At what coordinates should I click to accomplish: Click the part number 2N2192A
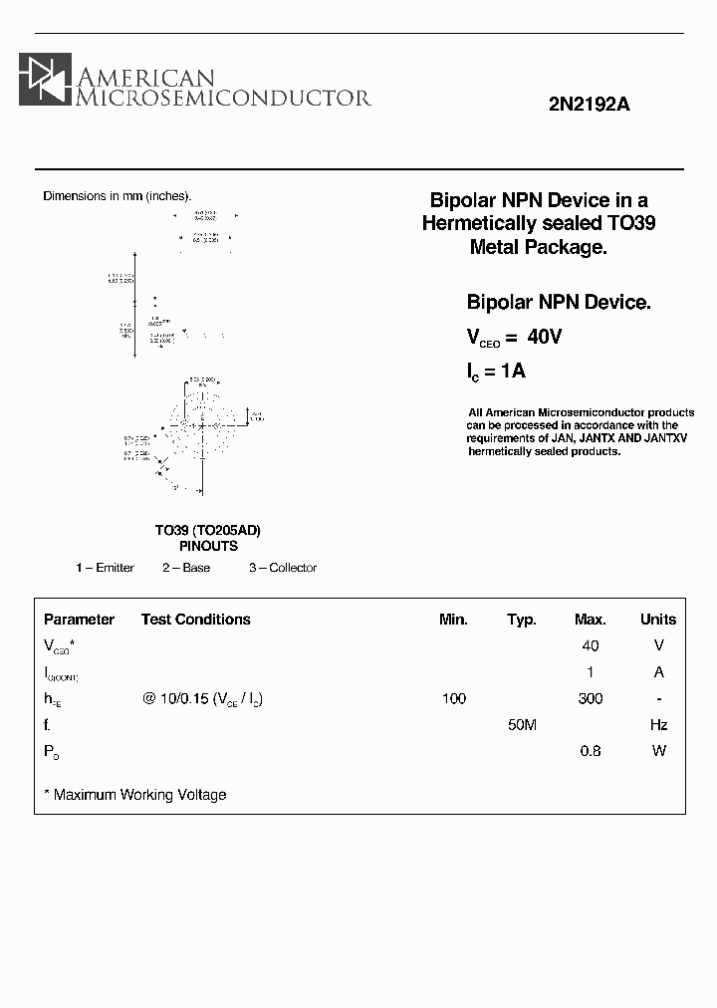click(x=590, y=105)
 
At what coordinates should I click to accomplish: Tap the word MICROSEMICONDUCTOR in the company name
click(x=224, y=97)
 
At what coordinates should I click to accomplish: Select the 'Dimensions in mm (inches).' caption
click(x=117, y=196)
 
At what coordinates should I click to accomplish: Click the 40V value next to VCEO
click(x=545, y=338)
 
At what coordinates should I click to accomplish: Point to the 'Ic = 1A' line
click(x=496, y=372)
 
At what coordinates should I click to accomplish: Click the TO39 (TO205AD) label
click(x=207, y=530)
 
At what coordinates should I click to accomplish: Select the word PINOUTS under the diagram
click(x=208, y=546)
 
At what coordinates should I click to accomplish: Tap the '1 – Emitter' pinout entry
click(x=105, y=568)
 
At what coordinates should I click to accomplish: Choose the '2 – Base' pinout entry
click(x=186, y=568)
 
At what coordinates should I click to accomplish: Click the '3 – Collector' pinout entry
click(x=283, y=568)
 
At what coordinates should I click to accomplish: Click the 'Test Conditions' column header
click(x=195, y=620)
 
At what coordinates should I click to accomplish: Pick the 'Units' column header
click(x=657, y=620)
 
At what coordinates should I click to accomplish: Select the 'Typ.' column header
click(x=522, y=620)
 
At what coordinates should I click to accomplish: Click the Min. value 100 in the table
click(x=453, y=698)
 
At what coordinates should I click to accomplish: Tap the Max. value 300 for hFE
click(x=590, y=698)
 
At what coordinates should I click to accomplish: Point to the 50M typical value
click(x=522, y=725)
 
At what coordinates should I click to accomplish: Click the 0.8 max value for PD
click(x=590, y=751)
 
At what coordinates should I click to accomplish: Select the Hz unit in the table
click(x=658, y=725)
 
